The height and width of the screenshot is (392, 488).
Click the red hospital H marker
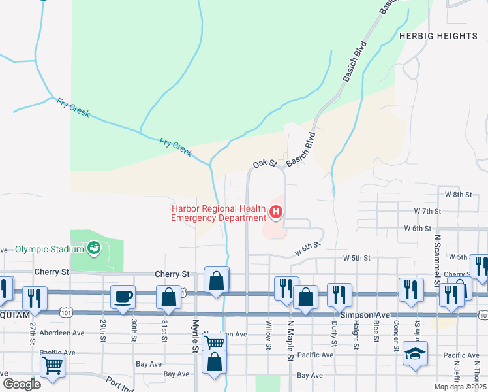[x=276, y=212]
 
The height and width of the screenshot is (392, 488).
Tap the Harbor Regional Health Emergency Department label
[x=219, y=213]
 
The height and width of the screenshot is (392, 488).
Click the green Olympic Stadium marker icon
[x=95, y=248]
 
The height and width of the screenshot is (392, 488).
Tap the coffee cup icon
[x=123, y=298]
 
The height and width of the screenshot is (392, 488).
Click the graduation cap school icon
[x=415, y=353]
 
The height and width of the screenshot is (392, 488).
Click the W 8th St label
[x=457, y=195]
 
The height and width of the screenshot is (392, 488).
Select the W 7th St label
[x=428, y=212]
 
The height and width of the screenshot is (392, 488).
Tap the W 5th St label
[x=358, y=258]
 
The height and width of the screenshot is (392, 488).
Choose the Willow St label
[x=268, y=335]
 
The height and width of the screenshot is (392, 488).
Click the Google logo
[x=21, y=384]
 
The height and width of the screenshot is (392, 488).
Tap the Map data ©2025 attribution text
[x=459, y=387]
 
